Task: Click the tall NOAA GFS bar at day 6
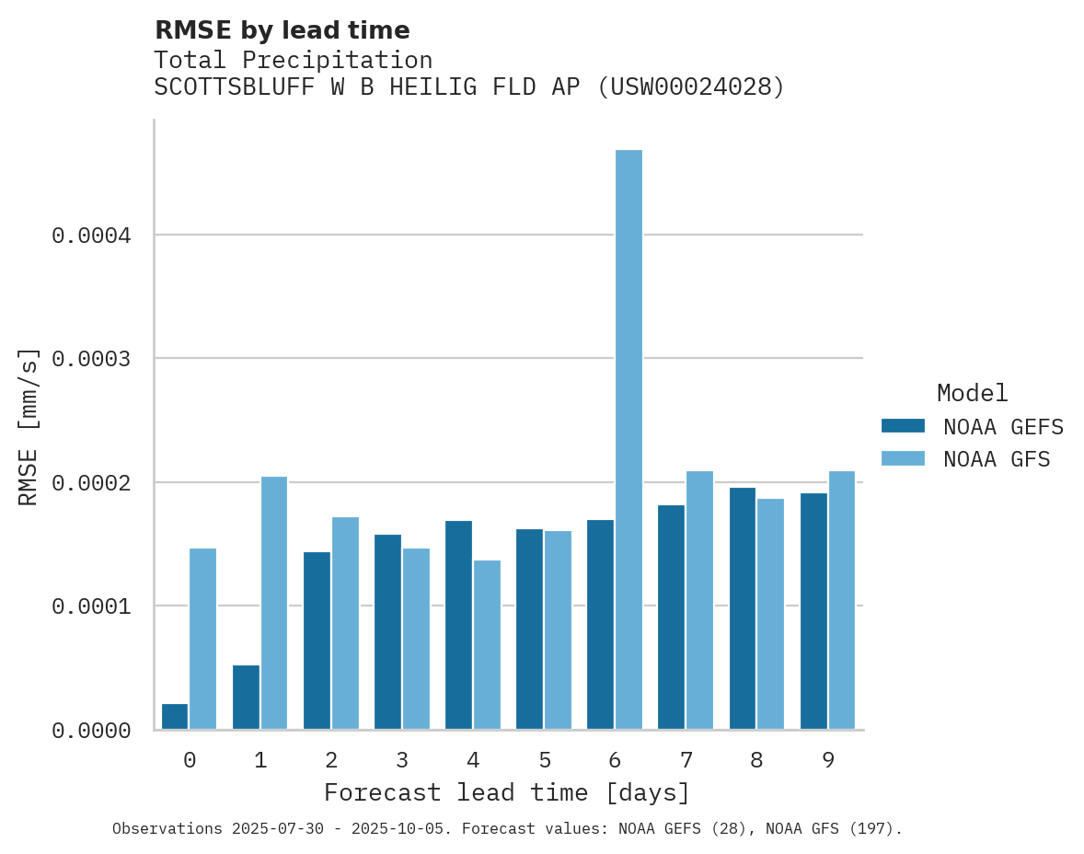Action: pos(628,439)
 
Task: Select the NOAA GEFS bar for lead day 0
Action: pos(175,717)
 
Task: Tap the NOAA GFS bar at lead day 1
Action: pos(274,603)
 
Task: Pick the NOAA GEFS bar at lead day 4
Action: pos(458,625)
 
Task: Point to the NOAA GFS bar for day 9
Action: pos(842,600)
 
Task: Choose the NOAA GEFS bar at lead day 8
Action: pos(743,608)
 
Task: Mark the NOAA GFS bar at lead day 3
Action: pos(416,639)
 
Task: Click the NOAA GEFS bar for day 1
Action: pos(246,697)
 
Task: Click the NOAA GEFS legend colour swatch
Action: pos(903,426)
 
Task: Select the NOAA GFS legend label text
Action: pos(997,458)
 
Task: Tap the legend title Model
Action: pos(973,393)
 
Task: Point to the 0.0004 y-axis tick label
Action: pos(91,236)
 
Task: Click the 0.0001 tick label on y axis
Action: pos(91,606)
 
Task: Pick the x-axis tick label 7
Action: pos(686,760)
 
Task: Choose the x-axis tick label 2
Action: pos(331,760)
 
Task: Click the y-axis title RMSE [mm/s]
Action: pos(29,426)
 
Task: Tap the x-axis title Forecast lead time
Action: pos(507,792)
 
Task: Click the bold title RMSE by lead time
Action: pos(282,30)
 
